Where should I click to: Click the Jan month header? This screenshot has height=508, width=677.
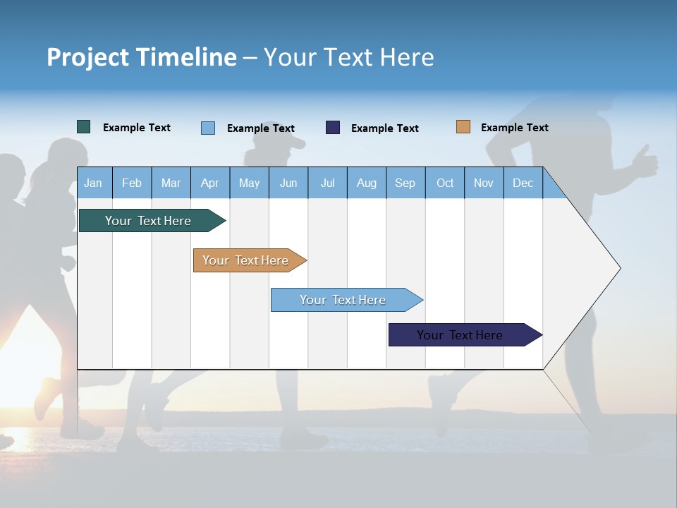pos(93,183)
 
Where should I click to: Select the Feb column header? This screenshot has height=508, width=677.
pos(132,183)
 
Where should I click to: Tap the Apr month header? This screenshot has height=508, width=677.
pos(209,183)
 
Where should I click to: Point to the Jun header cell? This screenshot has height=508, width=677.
pos(288,183)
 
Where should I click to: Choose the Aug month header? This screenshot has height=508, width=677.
pos(366,183)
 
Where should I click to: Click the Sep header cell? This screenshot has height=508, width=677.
pos(405,183)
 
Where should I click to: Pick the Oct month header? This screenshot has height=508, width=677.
pos(445,183)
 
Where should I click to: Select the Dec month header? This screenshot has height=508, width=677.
pos(523,183)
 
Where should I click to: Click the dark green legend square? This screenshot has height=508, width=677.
pos(84,127)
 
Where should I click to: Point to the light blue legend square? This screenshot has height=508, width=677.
pos(208,128)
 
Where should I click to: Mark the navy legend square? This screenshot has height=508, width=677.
pos(333,128)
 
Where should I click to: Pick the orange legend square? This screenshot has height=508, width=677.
pos(463,127)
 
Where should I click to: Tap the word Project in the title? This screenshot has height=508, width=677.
pos(87,57)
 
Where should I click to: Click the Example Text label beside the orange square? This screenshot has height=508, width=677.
pos(514,128)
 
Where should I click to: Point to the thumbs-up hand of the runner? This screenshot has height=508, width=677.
pos(644,161)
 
